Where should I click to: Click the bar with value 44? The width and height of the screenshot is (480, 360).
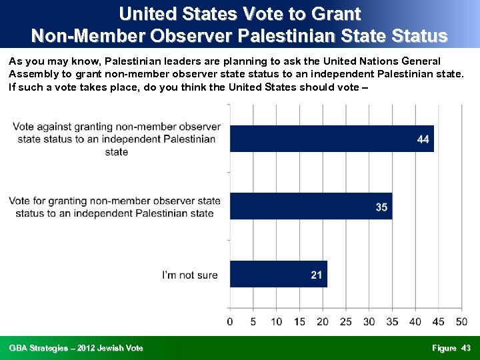[331, 139]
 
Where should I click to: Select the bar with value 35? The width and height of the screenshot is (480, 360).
[311, 207]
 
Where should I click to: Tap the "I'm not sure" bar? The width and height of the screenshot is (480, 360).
[279, 274]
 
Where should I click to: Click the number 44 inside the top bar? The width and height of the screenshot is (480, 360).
[423, 139]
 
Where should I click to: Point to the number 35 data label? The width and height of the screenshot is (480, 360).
[381, 207]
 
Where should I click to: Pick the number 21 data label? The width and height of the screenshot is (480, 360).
[317, 275]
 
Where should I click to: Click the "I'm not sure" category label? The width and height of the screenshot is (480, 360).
[191, 275]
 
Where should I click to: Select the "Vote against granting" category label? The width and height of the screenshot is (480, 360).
[117, 139]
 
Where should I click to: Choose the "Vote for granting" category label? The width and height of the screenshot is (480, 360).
[114, 207]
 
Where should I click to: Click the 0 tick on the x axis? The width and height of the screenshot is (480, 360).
[230, 322]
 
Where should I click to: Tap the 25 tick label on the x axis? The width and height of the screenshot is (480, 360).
[345, 322]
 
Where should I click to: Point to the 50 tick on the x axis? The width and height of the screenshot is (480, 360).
[461, 322]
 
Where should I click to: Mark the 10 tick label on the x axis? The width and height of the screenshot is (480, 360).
[276, 322]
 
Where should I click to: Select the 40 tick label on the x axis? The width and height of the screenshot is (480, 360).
[415, 322]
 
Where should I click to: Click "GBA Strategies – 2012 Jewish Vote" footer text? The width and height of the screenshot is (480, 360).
[76, 348]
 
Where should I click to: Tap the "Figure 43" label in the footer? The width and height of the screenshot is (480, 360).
[451, 348]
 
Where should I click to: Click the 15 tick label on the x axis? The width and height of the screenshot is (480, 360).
[299, 322]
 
